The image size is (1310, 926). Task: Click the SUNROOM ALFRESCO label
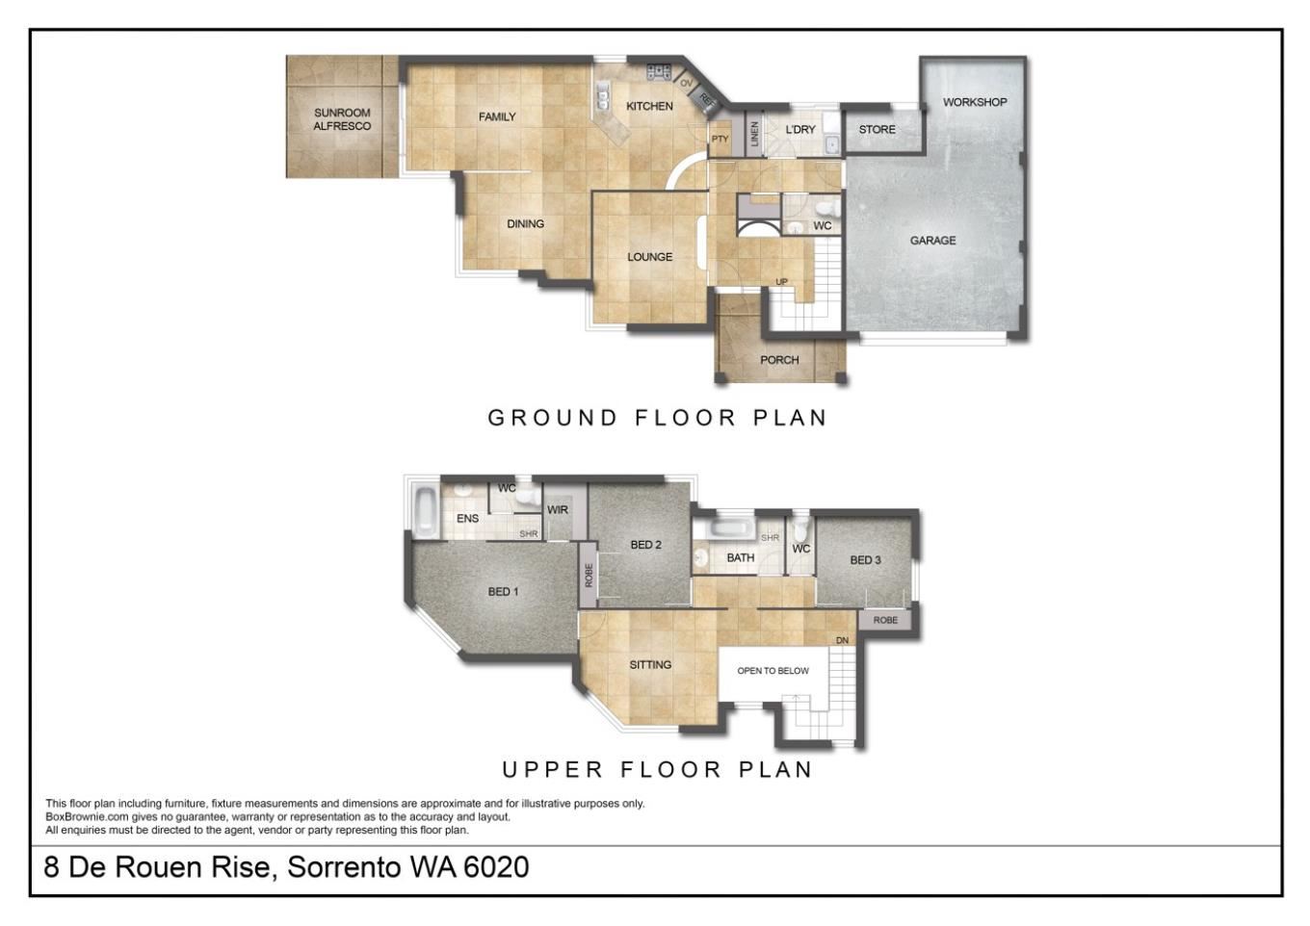point(342,119)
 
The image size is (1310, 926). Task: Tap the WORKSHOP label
point(975,102)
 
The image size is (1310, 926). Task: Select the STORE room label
point(877,129)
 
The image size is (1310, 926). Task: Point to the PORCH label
point(779,360)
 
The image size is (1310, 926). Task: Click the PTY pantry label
point(720,139)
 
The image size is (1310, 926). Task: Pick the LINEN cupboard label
point(754,134)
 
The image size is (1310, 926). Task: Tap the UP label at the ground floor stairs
point(781,282)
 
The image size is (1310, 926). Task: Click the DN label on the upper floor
point(842,640)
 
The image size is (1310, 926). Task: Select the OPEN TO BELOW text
point(773,671)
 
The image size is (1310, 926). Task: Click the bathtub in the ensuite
point(425,513)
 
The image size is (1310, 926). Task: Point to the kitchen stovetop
point(659,72)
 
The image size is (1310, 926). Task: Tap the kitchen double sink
point(602,97)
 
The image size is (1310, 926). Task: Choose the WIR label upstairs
point(558,510)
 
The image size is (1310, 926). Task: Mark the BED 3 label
point(865,560)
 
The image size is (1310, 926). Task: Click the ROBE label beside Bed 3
point(885,620)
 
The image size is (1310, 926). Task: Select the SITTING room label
point(650,665)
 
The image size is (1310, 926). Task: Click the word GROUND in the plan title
point(553,418)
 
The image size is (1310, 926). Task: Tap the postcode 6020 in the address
point(496,866)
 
